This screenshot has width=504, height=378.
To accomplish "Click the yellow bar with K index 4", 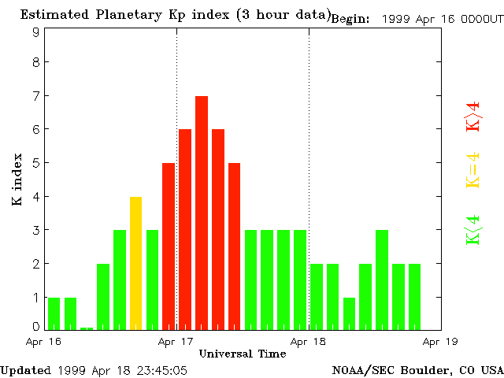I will tap(135, 263).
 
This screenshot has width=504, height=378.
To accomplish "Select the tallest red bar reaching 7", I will tap(202, 213).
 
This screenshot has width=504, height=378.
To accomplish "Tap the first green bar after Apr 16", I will tap(54, 313).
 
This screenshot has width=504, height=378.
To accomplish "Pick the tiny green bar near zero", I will tap(87, 328).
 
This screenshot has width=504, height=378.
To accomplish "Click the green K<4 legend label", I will tap(473, 230).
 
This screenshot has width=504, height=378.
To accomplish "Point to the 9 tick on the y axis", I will tap(36, 32).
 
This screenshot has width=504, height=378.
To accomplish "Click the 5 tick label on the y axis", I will tap(36, 164).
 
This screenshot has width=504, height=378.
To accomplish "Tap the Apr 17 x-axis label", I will tap(176, 342).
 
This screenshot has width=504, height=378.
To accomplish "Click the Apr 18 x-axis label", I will tap(308, 342).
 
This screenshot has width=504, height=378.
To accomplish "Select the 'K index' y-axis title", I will tap(17, 180).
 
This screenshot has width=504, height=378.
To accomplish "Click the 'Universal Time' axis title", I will tap(242, 354).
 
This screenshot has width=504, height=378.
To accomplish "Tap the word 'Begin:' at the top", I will tap(350, 19).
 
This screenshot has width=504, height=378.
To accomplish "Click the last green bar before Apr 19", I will tap(414, 297).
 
